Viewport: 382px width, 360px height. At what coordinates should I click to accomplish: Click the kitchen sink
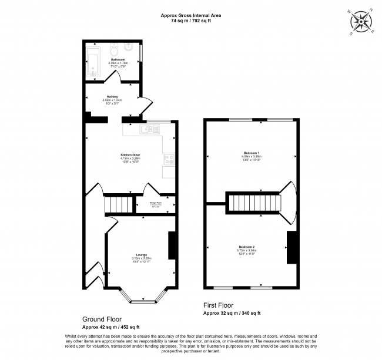(145, 129)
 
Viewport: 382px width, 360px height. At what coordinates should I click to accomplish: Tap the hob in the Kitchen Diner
(169, 158)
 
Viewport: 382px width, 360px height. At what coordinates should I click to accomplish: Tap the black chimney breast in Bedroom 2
(290, 247)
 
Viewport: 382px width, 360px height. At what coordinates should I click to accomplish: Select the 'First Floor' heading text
(218, 305)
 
